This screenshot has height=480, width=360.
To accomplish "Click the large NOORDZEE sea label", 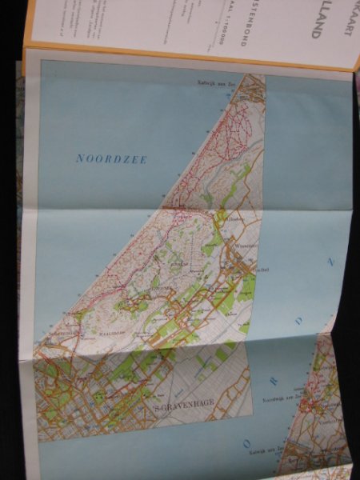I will pyautogui.click(x=112, y=158).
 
